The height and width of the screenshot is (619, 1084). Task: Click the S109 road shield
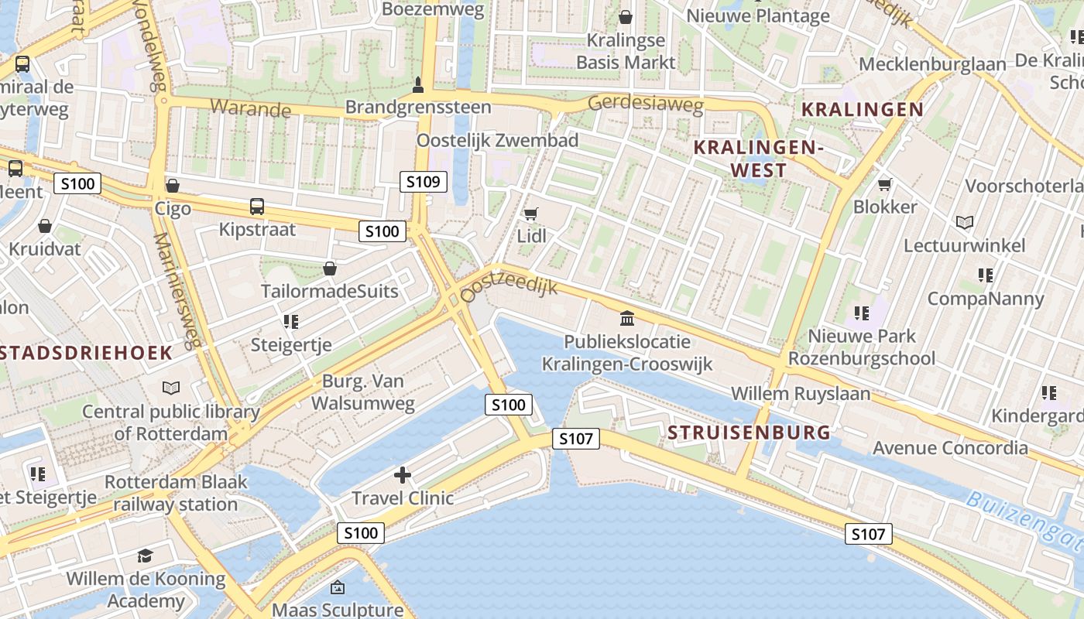[424, 182]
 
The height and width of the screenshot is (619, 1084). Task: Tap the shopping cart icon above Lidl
[530, 214]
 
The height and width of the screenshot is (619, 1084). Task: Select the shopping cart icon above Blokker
[884, 184]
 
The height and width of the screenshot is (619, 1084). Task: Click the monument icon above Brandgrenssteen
[418, 84]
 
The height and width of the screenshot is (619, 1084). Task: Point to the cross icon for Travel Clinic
[403, 474]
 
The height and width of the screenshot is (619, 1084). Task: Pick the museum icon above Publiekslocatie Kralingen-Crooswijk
[627, 318]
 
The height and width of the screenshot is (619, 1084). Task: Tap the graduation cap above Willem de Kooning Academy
[145, 556]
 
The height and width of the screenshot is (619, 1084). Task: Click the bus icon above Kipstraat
[257, 207]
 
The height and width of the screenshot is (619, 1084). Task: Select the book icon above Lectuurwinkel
[964, 223]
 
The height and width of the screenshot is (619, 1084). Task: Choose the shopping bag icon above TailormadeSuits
[330, 268]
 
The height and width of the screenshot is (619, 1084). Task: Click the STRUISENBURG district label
[749, 432]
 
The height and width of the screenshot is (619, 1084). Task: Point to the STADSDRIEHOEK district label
[85, 353]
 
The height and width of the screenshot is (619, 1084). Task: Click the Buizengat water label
[1022, 515]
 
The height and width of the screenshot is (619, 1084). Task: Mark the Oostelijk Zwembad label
[497, 140]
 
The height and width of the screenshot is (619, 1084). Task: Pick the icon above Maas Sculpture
[337, 588]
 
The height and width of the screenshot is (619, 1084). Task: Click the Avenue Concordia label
[950, 447]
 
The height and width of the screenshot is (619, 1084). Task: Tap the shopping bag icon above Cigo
[173, 186]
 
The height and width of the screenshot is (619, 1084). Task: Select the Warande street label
[249, 108]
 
